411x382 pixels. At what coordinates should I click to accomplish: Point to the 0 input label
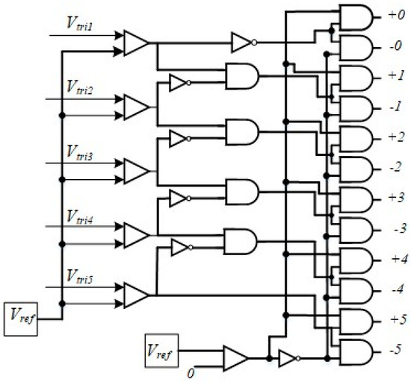tap(191, 371)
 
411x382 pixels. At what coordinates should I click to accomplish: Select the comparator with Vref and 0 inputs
tap(236, 357)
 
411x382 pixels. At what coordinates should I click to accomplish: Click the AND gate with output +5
tap(353, 319)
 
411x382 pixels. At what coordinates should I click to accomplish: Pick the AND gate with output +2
tap(353, 137)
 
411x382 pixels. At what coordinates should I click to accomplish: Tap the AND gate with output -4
tap(353, 289)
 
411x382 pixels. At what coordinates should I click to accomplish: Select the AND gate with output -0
tap(353, 46)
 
